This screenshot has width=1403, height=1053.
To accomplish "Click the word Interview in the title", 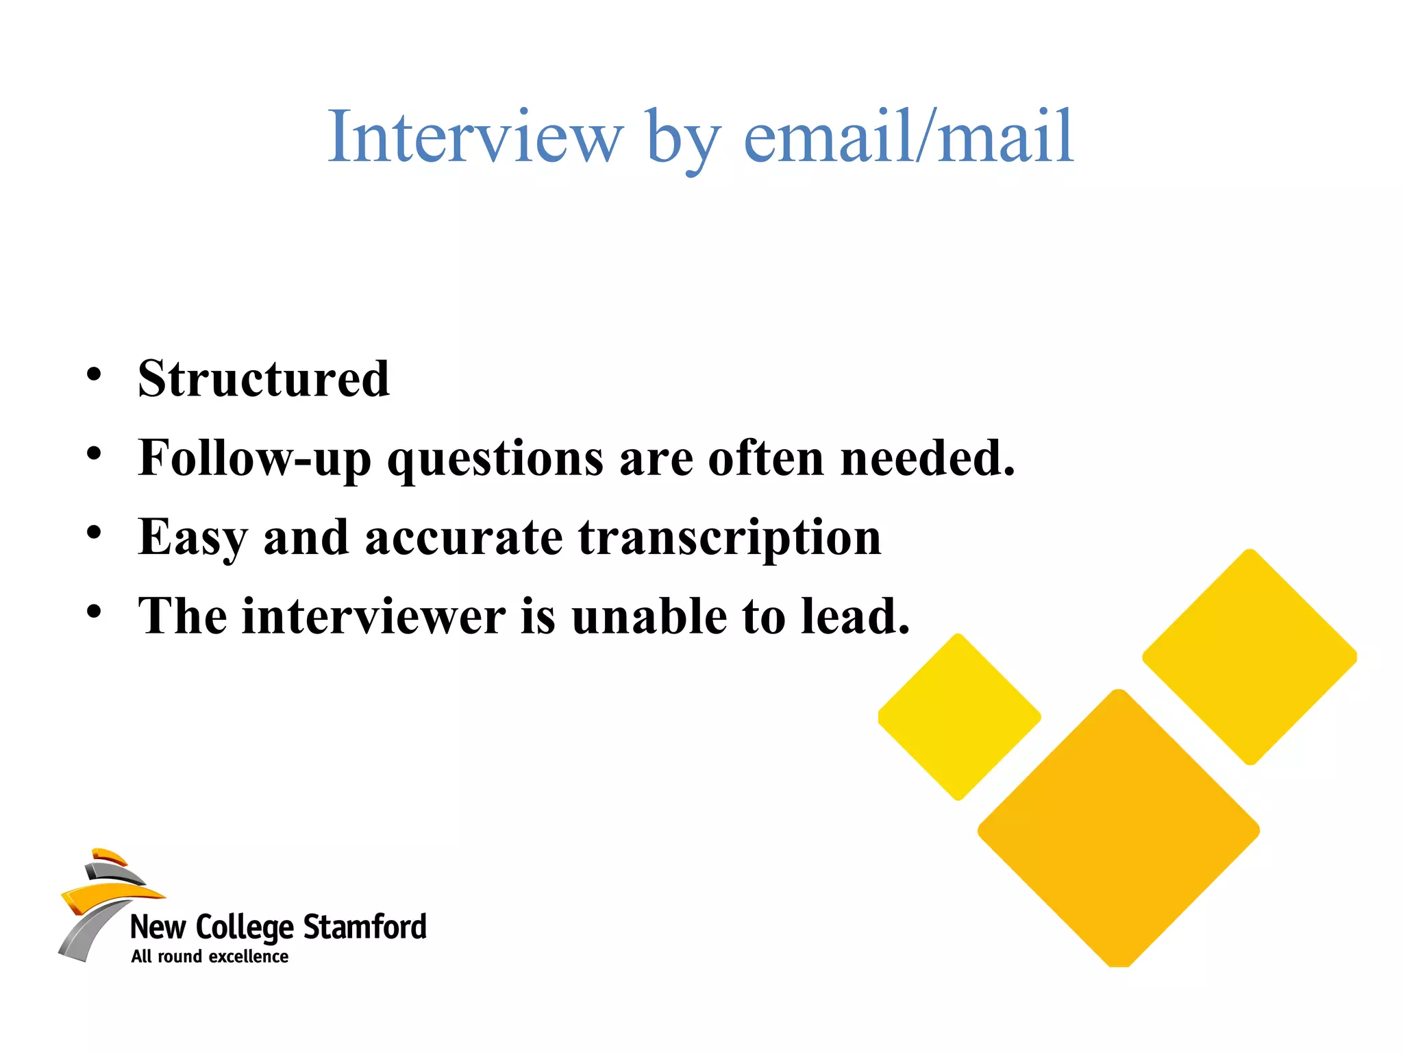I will tap(475, 136).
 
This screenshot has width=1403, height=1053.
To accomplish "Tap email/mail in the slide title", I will tap(908, 136).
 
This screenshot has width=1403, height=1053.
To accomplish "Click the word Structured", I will tap(264, 378).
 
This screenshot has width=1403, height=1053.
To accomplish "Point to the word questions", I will tap(495, 458).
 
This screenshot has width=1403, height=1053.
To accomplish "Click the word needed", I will tap(928, 458).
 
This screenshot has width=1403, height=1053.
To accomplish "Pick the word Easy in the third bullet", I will tap(193, 537).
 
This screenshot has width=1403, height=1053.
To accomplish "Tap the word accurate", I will tap(464, 537).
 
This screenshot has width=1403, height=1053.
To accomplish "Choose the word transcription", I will tap(730, 537).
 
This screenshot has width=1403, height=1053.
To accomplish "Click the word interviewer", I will tap(374, 616).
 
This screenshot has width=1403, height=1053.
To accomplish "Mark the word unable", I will tap(649, 616).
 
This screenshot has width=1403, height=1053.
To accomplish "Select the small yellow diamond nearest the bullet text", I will tap(959, 717).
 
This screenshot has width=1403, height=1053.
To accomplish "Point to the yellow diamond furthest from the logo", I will tap(1250, 657).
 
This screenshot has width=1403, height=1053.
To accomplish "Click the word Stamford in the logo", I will tap(365, 927).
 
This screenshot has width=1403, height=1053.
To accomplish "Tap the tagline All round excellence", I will tap(210, 957).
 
